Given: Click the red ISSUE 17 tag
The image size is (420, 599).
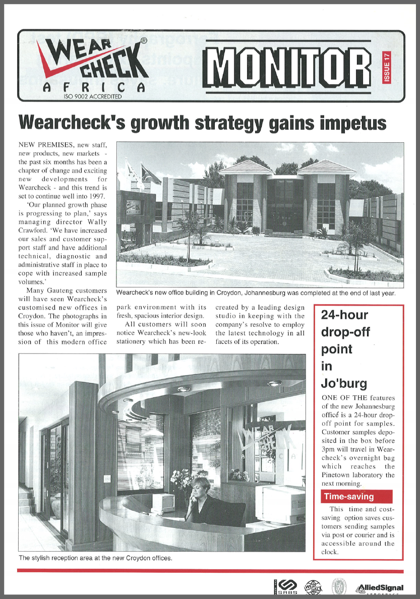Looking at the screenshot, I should [387, 68].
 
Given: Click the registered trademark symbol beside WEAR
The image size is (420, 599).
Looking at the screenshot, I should [143, 41].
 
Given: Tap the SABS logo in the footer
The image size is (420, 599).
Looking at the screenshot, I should [285, 588].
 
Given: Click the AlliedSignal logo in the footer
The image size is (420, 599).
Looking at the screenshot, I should [380, 588].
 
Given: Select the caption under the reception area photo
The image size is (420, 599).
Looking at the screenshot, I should [95, 558].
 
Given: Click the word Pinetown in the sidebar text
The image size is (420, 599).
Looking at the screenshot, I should [339, 475].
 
